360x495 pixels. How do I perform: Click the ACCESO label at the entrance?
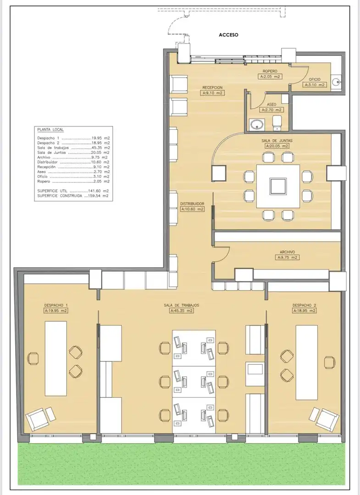pos(228,35)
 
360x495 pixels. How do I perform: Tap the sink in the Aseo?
pos(257,124)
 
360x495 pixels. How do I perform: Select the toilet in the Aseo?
pos(277,123)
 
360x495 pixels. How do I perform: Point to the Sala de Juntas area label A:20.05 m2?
pos(277,146)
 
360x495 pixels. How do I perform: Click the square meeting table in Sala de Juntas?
pos(278,186)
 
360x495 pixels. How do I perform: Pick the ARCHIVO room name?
pos(288,252)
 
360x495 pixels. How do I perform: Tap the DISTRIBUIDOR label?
pos(192,204)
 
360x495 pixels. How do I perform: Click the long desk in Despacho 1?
pos(56,358)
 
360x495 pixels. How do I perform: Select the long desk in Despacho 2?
pos(307,363)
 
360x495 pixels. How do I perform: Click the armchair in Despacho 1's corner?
pos(37,419)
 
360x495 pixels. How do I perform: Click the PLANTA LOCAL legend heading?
pos(50,130)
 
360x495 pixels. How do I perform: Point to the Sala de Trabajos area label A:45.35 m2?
pos(181,311)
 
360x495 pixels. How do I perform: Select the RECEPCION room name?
pos(212,88)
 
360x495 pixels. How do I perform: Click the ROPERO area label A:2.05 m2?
pos(270,77)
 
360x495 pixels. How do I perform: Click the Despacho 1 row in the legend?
pos(73,138)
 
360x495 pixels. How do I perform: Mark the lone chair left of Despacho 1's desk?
pos(33,358)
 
